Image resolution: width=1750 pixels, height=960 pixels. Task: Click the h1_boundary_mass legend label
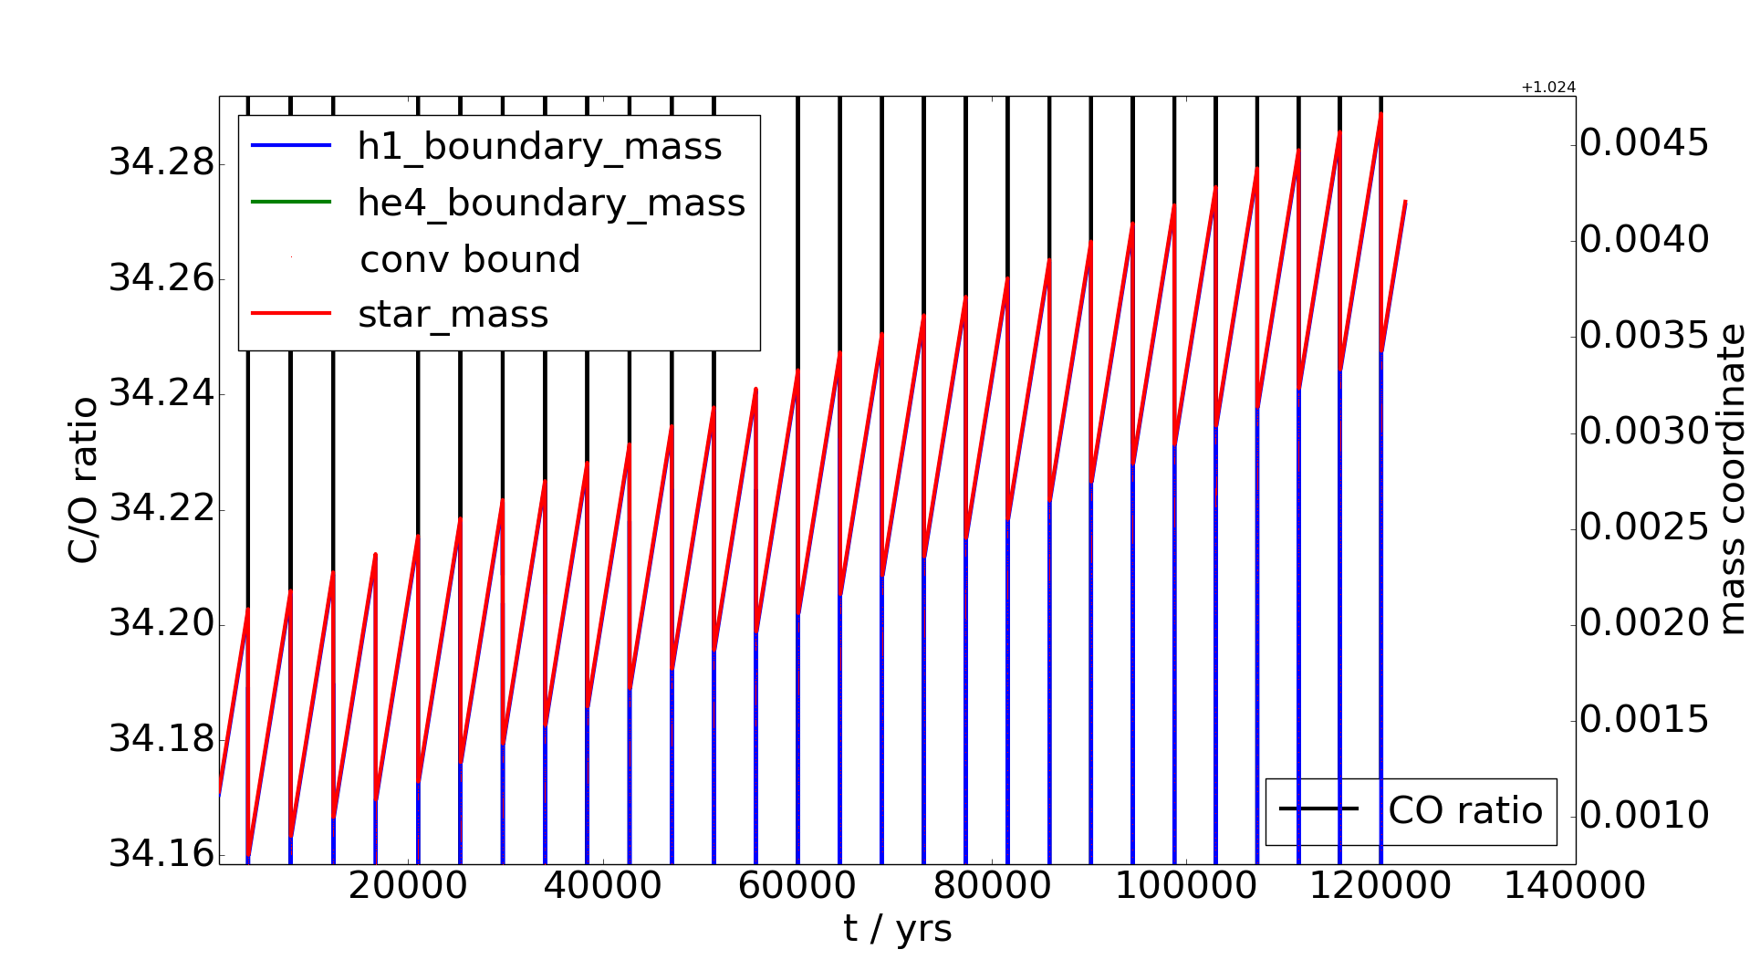[539, 147]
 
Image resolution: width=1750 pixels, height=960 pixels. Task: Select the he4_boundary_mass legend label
[551, 203]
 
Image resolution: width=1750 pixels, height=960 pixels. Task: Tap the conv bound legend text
[470, 260]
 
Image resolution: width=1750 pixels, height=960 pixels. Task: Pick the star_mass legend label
[453, 315]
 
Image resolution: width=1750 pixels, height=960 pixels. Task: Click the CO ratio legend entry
[1464, 810]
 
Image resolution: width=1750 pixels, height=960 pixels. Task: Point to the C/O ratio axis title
[84, 480]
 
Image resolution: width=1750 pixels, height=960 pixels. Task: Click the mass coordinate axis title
[1730, 480]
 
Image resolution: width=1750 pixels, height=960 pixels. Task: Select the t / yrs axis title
[897, 929]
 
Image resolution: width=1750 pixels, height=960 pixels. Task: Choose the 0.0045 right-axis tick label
[1643, 143]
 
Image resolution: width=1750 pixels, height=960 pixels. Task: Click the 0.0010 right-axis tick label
[1643, 815]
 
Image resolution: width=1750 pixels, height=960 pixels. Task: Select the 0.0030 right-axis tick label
[1643, 431]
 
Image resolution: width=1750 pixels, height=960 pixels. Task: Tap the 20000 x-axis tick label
[408, 886]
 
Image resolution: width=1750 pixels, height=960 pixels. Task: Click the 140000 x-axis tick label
[1574, 886]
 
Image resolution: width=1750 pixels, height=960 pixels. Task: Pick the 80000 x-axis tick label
[991, 886]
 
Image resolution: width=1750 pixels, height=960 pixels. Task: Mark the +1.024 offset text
[1547, 88]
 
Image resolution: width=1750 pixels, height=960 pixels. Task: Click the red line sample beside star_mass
[290, 314]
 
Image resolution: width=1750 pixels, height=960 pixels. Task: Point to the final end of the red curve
[1405, 202]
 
